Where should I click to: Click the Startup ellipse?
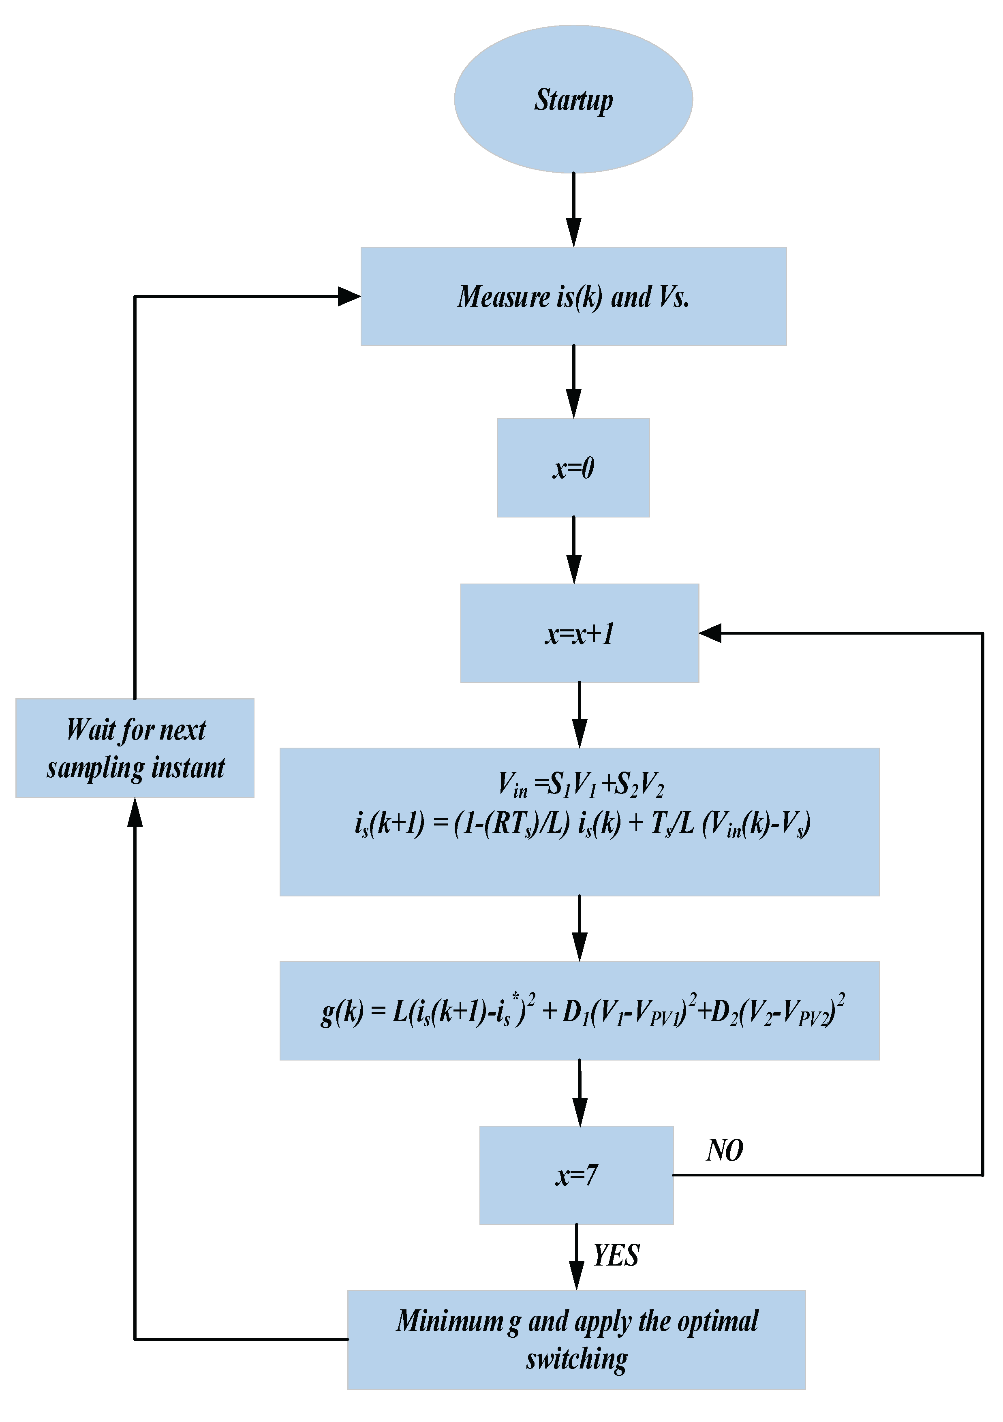coord(573,99)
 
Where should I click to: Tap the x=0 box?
coord(573,468)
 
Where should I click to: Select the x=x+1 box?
coord(579,633)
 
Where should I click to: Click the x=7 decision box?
coord(576,1175)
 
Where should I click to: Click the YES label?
coord(616,1255)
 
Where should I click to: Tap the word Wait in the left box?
coord(90,729)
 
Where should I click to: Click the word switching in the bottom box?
coord(576,1360)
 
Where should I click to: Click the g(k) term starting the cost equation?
coord(342,1012)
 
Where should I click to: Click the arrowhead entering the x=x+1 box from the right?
coord(710,633)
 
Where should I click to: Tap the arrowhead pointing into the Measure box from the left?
coord(349,296)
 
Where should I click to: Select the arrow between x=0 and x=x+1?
coord(574,550)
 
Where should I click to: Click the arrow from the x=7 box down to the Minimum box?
coord(576,1257)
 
